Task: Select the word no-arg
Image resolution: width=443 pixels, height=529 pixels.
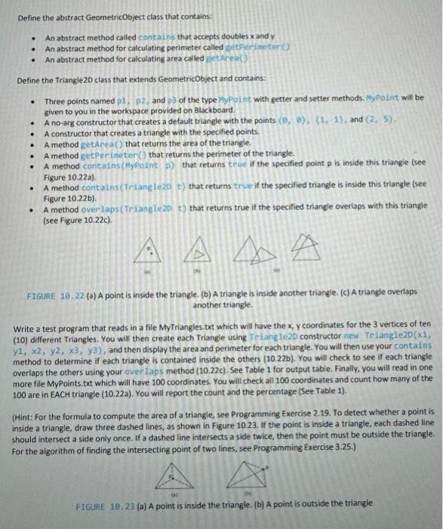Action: click(64, 121)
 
